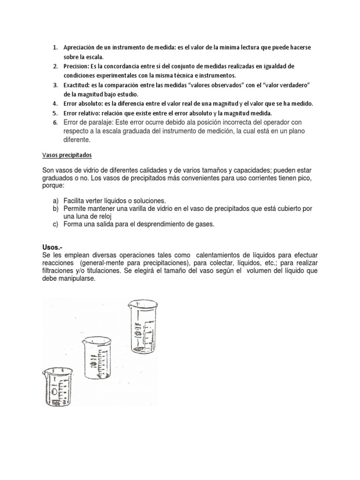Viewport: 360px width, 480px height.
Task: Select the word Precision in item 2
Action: coord(76,67)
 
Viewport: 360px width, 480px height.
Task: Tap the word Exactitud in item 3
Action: coord(76,85)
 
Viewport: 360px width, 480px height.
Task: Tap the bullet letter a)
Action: coord(55,200)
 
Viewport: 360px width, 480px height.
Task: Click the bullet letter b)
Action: coord(55,208)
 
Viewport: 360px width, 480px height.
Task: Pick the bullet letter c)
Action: coord(55,225)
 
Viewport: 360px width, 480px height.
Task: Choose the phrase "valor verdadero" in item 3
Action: coord(284,85)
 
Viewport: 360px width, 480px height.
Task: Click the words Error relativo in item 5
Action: coord(82,113)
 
